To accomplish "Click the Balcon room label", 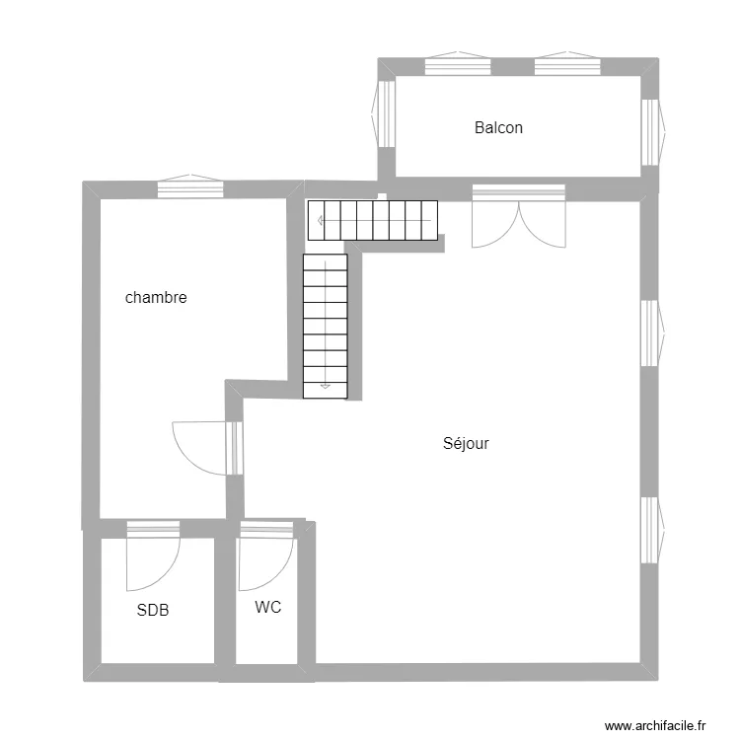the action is tap(498, 127).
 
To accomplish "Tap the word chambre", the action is tap(156, 297).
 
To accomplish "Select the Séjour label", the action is tap(466, 443).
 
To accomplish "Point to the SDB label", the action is tap(152, 610).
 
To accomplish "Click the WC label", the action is tap(268, 607).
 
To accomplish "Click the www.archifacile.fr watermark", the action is tap(655, 725).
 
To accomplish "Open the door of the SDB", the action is tap(153, 555).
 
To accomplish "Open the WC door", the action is tap(267, 555).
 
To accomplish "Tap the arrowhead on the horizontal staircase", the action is tap(321, 220).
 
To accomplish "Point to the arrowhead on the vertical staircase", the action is tap(326, 386).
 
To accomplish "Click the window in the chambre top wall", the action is tap(190, 185).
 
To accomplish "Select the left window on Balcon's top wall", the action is tap(458, 63).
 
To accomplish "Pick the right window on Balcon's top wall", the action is tap(567, 63).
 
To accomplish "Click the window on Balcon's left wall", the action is tap(383, 114).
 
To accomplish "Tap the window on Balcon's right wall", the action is tap(653, 132).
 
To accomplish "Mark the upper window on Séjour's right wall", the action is tap(653, 333).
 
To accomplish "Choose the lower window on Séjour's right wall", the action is tap(653, 530).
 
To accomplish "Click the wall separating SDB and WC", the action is tap(226, 600).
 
